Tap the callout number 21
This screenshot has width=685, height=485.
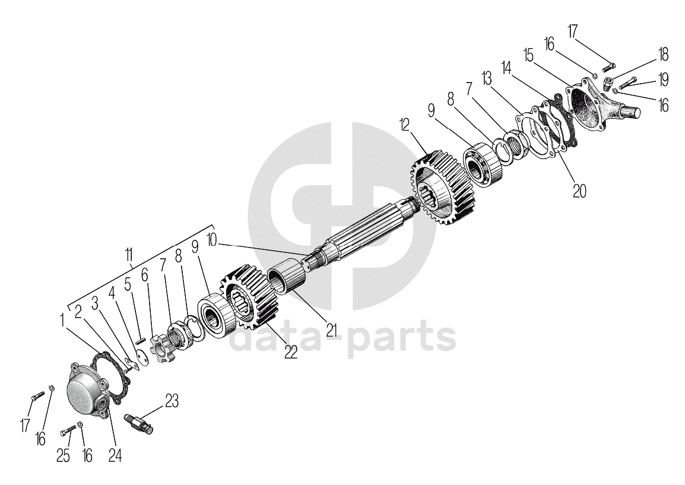coord(331,328)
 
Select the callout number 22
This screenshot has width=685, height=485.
coord(290,351)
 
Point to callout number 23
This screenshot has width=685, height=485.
coord(172,401)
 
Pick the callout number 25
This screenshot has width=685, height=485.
coord(63,455)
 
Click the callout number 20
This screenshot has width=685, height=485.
coord(579,190)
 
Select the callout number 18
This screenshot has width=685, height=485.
coord(663,55)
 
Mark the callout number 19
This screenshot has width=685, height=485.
coord(663,80)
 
